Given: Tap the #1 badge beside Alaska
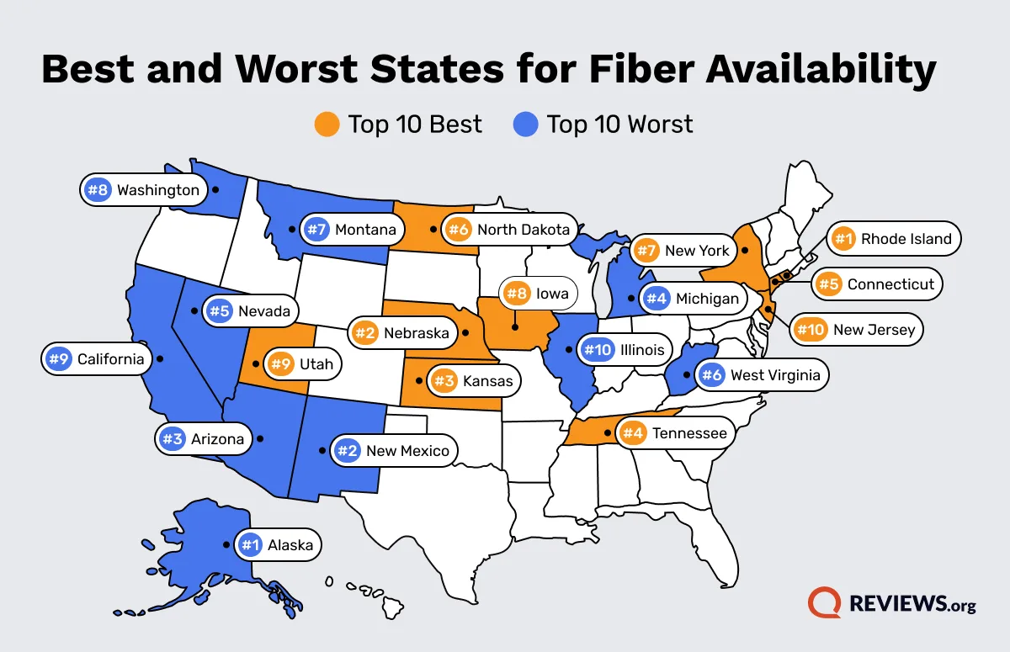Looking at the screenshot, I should pos(249,545).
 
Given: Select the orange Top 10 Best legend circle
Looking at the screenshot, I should pos(327,125).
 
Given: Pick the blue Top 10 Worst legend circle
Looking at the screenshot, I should pos(525,125).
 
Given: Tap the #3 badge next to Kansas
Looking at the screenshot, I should pos(443,381).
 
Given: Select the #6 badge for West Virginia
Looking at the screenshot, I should pos(711,375).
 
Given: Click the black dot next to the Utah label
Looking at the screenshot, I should pos(255,364).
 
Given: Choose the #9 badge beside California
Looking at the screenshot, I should pos(58,359).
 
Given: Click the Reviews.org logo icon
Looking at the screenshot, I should pos(824,603).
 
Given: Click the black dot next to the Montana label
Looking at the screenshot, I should pos(291,228).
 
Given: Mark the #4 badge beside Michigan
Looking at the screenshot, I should pos(656,298).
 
